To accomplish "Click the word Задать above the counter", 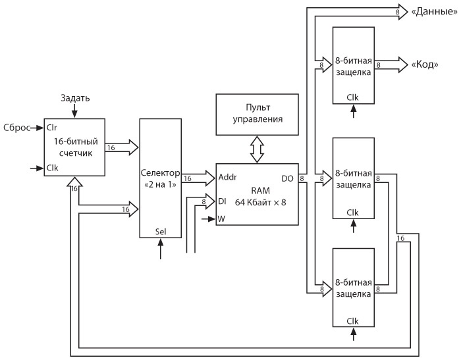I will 75,98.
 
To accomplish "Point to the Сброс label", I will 16,128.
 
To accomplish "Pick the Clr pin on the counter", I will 52,128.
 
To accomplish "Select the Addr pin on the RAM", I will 227,178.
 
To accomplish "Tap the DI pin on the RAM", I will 222,202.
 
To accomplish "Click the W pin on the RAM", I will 222,219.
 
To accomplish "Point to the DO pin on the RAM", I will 288,178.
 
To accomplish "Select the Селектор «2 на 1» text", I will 161,178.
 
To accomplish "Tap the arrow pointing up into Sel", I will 161,249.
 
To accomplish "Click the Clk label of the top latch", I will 354,98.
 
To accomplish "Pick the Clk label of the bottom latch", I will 354,321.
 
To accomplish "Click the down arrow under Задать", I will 74,111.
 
